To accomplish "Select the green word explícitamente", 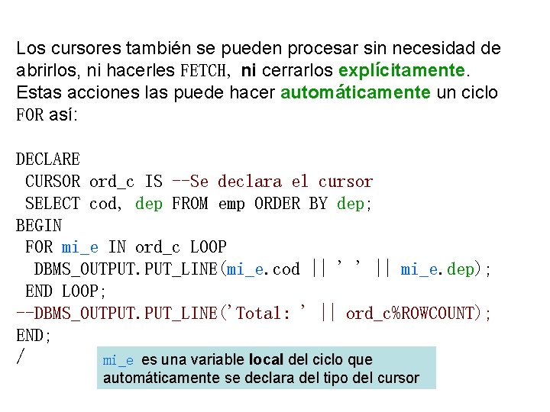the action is (402, 71).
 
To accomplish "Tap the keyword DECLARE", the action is (48, 159).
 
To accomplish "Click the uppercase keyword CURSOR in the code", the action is (53, 182).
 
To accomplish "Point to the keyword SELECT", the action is (53, 204).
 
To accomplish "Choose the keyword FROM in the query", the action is (190, 204).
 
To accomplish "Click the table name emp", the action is (231, 204).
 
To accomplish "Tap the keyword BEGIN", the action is (39, 226).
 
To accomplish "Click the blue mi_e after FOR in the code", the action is (80, 247).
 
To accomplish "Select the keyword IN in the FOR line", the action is (117, 247).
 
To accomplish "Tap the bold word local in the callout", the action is (267, 359).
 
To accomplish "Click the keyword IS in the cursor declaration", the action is (154, 182).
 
